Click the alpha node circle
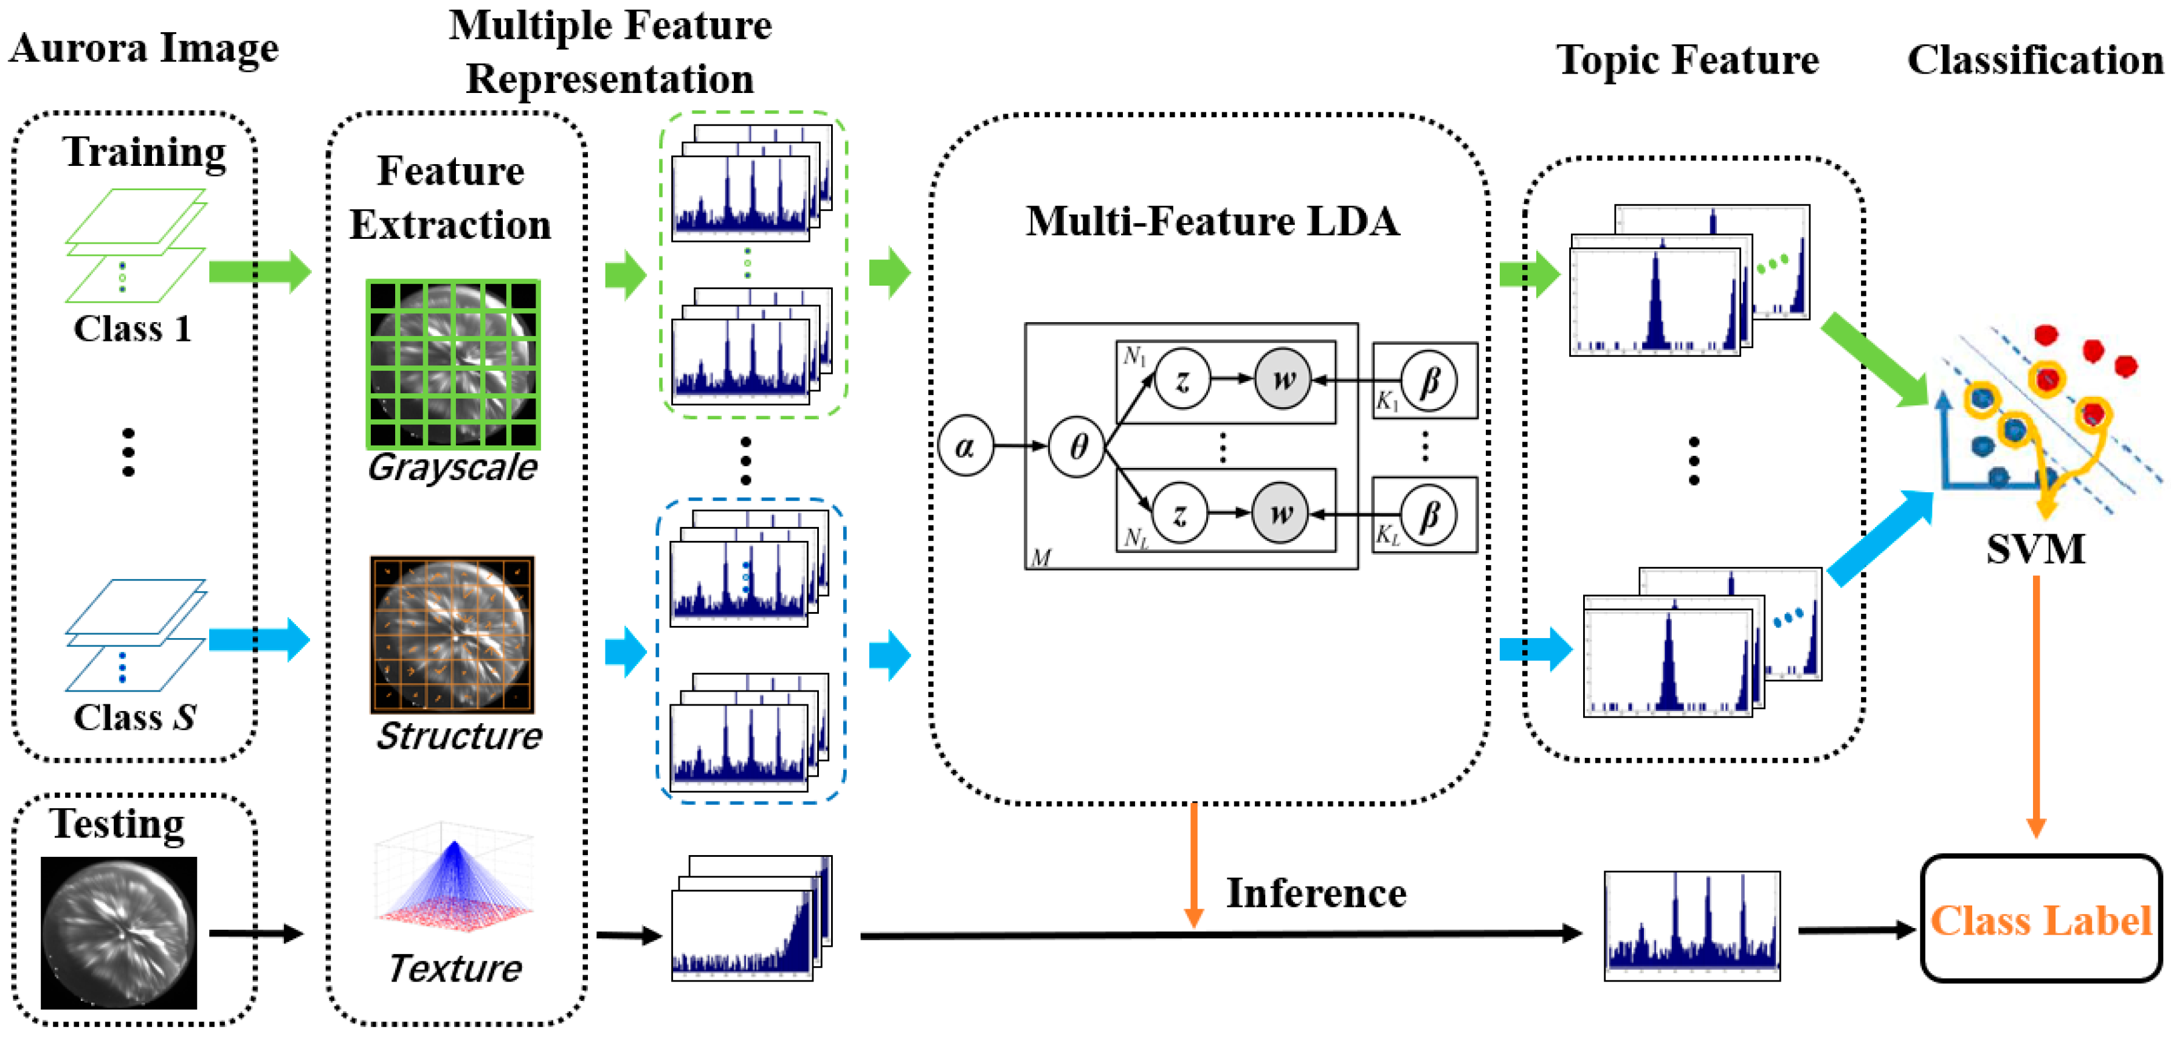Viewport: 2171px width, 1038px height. click(966, 445)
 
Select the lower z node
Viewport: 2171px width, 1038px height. click(1180, 513)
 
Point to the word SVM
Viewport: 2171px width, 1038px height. click(2035, 550)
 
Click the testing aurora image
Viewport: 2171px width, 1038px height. click(119, 933)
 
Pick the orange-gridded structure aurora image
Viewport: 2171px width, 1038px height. click(452, 634)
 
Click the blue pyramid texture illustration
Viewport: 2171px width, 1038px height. click(454, 881)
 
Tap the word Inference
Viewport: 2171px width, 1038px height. click(1316, 894)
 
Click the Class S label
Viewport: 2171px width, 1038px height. click(135, 718)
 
